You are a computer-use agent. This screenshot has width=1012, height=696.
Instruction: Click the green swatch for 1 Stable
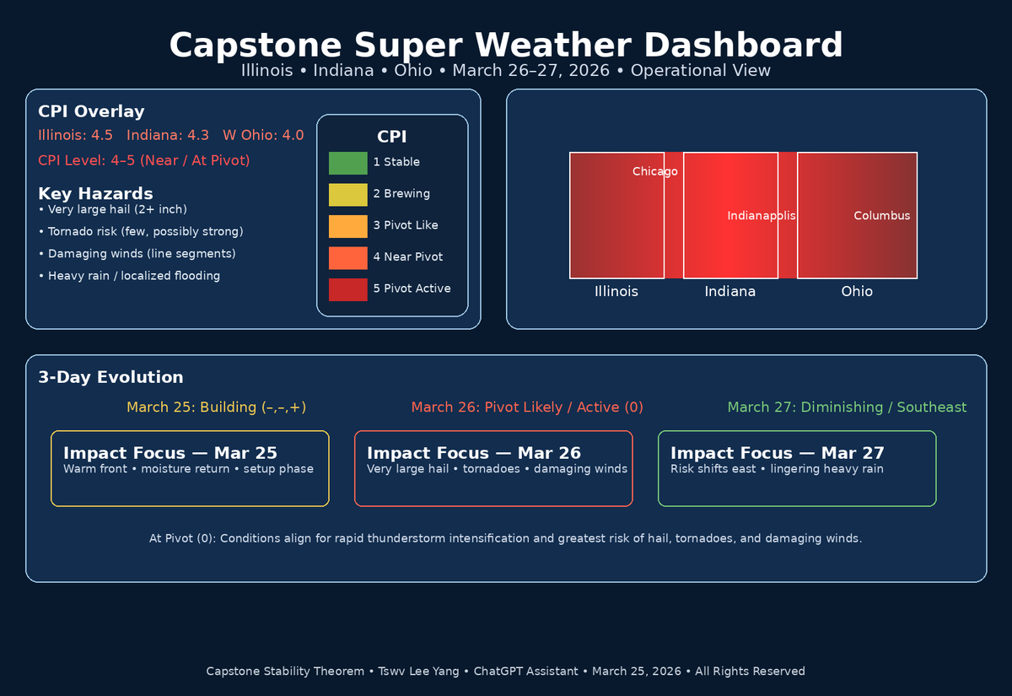coord(347,163)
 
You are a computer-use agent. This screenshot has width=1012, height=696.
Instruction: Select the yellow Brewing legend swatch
coord(347,194)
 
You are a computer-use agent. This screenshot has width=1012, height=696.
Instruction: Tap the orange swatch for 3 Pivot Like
coord(347,226)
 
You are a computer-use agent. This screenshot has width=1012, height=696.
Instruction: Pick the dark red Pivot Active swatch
coord(347,289)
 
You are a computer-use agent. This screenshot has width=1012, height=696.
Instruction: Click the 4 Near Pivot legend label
coord(407,256)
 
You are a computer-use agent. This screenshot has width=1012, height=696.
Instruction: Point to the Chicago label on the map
coord(654,172)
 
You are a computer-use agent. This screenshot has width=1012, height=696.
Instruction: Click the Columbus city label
coord(881,216)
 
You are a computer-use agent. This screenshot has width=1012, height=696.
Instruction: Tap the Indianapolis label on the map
coord(761,216)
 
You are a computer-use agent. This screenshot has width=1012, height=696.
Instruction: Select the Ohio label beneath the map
coord(856,292)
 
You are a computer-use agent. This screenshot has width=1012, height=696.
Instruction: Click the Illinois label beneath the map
coord(616,292)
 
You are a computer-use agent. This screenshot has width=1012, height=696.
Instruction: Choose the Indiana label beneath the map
coord(729,292)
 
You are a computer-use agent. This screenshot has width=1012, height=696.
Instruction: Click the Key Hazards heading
coord(95,194)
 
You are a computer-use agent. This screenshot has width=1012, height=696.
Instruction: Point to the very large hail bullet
coord(113,209)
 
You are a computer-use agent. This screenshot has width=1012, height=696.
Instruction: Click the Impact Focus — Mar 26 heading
coord(473,453)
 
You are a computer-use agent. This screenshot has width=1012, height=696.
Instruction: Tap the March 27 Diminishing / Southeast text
coord(847,407)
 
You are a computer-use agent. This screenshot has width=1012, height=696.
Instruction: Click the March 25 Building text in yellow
coord(216,407)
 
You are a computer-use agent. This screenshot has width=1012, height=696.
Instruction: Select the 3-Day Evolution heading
coord(110,377)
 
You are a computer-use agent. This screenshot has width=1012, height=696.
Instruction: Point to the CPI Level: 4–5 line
coord(144,160)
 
